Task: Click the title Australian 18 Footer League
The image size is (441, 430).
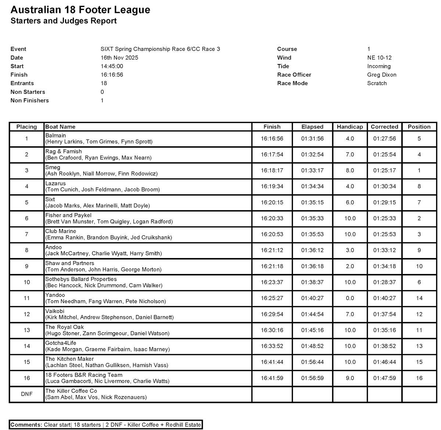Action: pos(80,10)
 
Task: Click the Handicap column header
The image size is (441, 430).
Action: pos(349,127)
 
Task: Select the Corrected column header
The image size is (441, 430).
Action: pos(384,127)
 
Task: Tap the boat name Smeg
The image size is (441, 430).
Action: pos(53,167)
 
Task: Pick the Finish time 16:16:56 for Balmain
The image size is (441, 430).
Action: pos(272,139)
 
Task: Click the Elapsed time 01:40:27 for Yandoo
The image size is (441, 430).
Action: pos(312,298)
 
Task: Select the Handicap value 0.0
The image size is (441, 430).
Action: pos(349,298)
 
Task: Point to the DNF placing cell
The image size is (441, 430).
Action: pos(26,394)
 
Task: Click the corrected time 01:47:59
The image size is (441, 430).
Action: pos(384,378)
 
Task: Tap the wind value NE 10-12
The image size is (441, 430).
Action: pos(379,58)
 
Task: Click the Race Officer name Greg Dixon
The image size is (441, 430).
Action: pos(381,75)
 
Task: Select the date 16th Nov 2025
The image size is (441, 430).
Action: pos(119,58)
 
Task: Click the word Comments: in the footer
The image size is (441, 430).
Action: pos(26,425)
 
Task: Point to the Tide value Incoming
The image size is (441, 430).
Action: pos(379,66)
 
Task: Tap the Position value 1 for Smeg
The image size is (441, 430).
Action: pos(419,170)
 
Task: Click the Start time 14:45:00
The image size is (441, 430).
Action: pos(112,66)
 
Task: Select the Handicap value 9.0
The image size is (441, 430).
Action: pos(349,378)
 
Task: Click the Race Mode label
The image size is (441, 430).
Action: pos(292,83)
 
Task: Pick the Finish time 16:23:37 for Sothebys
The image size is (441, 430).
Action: pos(272,282)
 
